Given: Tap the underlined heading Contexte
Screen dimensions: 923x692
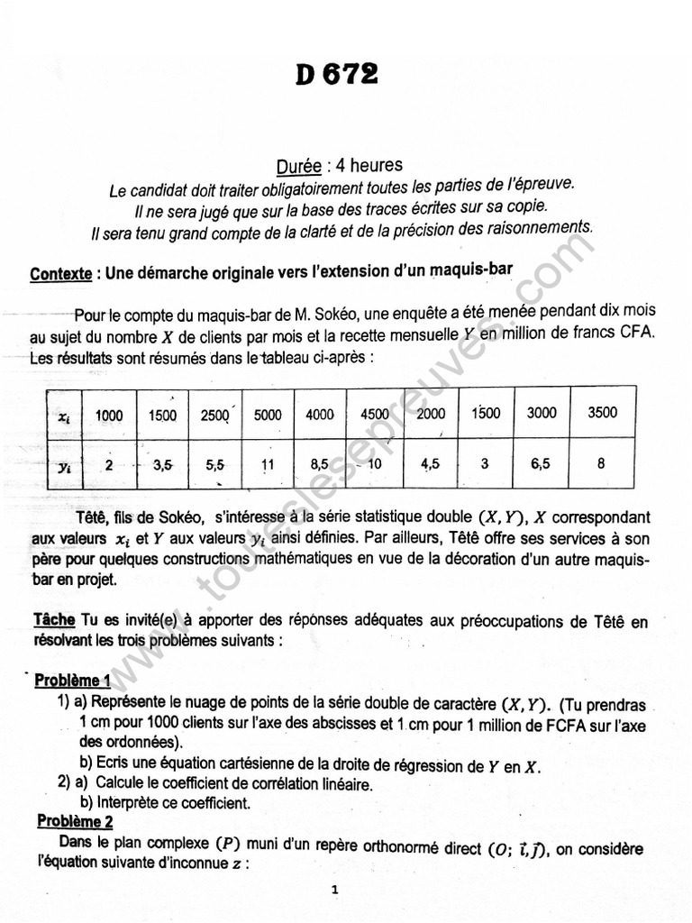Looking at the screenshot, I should point(60,273).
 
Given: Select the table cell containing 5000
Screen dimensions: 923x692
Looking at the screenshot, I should point(268,416).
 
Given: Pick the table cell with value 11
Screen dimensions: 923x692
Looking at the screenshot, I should point(268,466).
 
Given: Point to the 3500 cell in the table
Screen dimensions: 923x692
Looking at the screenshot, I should point(602,413).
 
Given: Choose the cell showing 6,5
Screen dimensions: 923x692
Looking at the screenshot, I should point(542,464).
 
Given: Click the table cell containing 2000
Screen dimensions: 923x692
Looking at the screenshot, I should point(431,414).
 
